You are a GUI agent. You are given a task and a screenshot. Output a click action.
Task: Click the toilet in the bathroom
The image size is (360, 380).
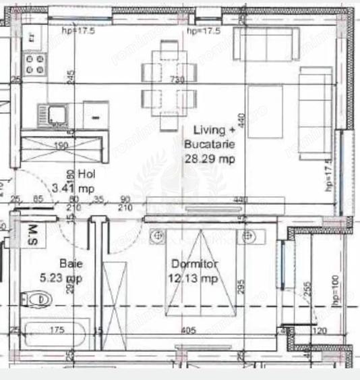pos(36,298)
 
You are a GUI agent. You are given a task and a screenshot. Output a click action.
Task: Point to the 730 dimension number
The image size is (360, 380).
pos(177,80)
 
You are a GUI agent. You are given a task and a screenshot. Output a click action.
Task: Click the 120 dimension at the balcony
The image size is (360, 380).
pos(320,331)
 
